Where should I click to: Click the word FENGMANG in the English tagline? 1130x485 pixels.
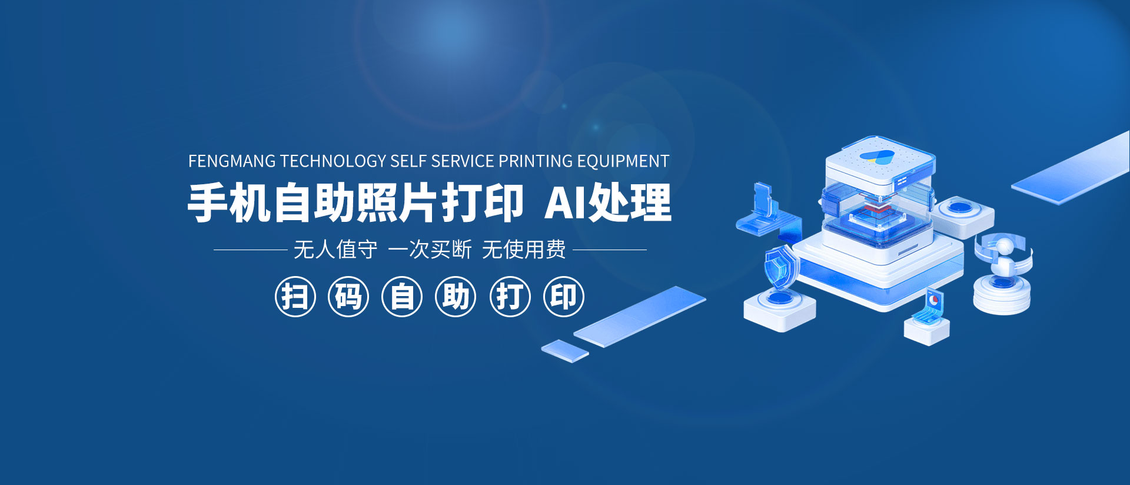(x=232, y=161)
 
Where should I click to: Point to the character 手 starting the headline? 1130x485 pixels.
(x=208, y=203)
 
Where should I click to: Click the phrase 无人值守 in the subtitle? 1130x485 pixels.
(x=335, y=250)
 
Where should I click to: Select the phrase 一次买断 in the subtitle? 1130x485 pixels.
(x=430, y=250)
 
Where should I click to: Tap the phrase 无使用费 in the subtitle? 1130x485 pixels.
(x=524, y=250)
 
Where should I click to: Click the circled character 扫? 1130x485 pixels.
(x=295, y=297)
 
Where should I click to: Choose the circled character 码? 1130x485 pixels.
(x=348, y=297)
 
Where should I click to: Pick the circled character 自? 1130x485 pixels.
(x=402, y=297)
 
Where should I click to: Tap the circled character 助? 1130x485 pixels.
(x=456, y=297)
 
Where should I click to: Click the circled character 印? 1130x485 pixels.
(x=564, y=297)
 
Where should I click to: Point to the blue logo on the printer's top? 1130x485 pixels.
(x=877, y=157)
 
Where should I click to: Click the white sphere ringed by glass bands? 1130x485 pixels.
(x=1004, y=246)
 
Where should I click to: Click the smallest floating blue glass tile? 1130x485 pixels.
(x=565, y=351)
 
